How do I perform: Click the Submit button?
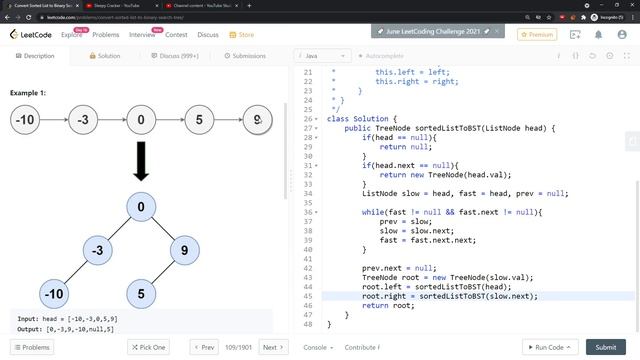(606, 347)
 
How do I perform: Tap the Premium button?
(537, 34)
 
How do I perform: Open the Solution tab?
(103, 56)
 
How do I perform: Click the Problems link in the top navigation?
(106, 35)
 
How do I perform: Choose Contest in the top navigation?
(176, 35)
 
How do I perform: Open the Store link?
(241, 35)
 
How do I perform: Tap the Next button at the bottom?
(272, 347)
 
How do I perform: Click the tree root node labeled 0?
(141, 208)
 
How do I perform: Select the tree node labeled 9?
(185, 251)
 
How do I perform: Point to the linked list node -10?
(26, 121)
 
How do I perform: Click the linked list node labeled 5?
(199, 121)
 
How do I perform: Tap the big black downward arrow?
(141, 161)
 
